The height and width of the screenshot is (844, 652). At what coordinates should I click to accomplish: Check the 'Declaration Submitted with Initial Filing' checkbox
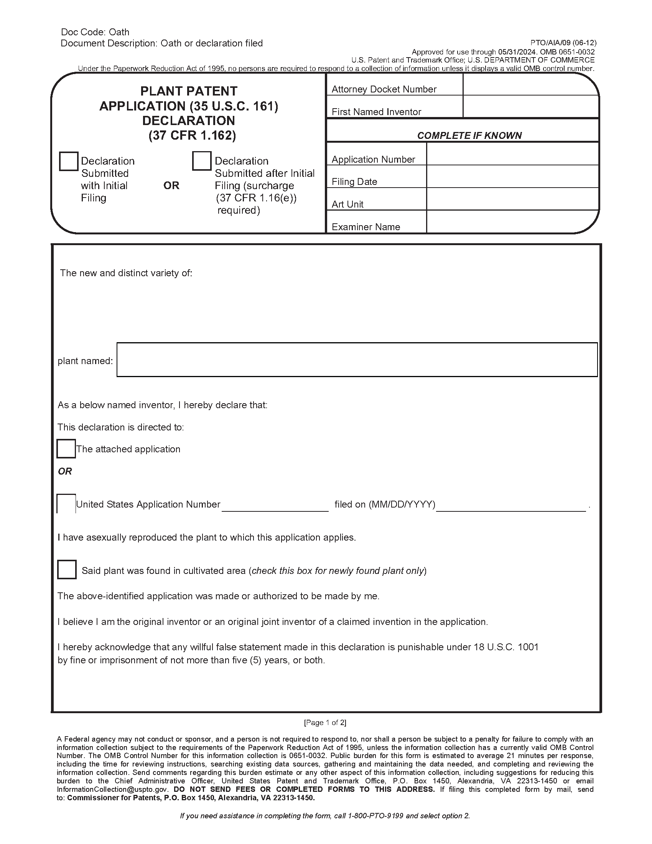69,161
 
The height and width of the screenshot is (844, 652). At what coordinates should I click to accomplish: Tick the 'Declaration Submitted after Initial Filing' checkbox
202,161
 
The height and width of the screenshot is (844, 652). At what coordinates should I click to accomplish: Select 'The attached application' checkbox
66,449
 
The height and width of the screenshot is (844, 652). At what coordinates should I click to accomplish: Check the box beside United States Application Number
66,504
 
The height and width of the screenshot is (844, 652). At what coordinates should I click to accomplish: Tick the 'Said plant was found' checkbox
67,570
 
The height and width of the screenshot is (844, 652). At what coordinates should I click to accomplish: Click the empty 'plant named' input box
357,360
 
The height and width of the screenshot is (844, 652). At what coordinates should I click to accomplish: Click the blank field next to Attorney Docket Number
530,85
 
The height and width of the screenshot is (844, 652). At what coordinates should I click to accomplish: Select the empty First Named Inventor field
530,107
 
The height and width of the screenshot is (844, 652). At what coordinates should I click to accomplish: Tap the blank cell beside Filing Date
512,176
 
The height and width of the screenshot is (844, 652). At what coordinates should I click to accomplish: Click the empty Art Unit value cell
512,199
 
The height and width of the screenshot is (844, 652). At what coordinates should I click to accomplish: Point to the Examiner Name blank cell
512,222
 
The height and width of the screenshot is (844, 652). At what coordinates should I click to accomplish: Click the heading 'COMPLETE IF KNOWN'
469,136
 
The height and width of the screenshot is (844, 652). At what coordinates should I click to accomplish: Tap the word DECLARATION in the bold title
188,121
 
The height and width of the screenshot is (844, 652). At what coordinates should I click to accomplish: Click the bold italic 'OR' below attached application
65,471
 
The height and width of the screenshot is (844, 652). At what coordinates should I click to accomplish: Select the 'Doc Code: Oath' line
95,32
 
